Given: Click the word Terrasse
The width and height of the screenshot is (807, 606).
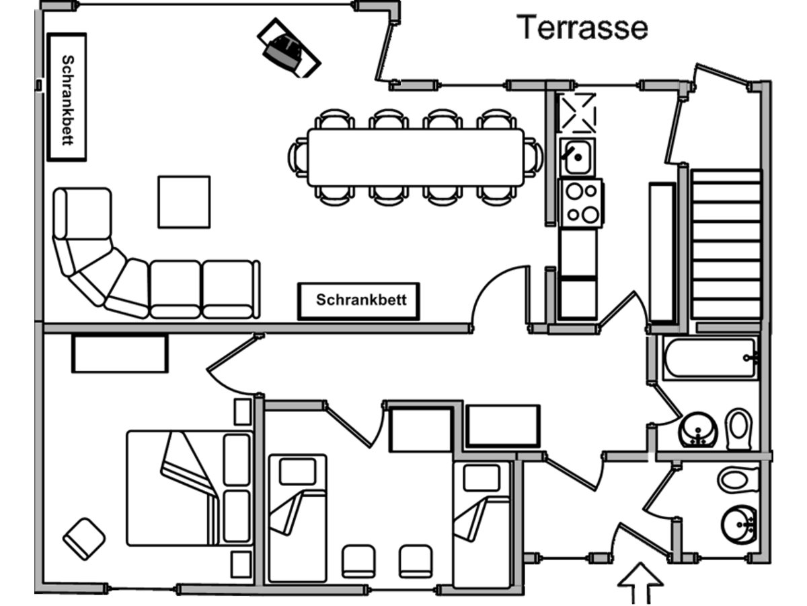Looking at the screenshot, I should pyautogui.click(x=583, y=28).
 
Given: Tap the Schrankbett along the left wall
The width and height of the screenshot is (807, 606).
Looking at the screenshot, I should pyautogui.click(x=67, y=97).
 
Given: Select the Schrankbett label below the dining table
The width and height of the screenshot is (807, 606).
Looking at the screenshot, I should pyautogui.click(x=359, y=300).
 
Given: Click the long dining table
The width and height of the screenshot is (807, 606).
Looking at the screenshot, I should pyautogui.click(x=416, y=158).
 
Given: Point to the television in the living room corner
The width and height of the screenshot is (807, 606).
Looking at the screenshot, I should pyautogui.click(x=289, y=48).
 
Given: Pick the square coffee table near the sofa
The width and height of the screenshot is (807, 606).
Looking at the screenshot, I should pyautogui.click(x=184, y=202).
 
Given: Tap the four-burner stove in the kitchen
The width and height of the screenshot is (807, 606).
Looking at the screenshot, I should pyautogui.click(x=581, y=203).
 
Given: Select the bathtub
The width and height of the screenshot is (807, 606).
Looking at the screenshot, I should pyautogui.click(x=709, y=358).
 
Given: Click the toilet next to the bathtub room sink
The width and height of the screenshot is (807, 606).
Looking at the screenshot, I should pyautogui.click(x=738, y=429).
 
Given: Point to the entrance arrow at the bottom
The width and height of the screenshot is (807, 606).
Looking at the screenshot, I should pyautogui.click(x=640, y=582).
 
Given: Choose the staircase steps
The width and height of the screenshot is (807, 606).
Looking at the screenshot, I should pyautogui.click(x=726, y=242).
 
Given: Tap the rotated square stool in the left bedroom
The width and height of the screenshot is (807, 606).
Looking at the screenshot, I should pyautogui.click(x=84, y=539).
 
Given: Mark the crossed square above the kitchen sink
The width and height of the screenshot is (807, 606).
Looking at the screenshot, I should pyautogui.click(x=578, y=112).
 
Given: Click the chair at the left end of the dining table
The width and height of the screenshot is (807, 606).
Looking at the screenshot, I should pyautogui.click(x=298, y=158).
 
